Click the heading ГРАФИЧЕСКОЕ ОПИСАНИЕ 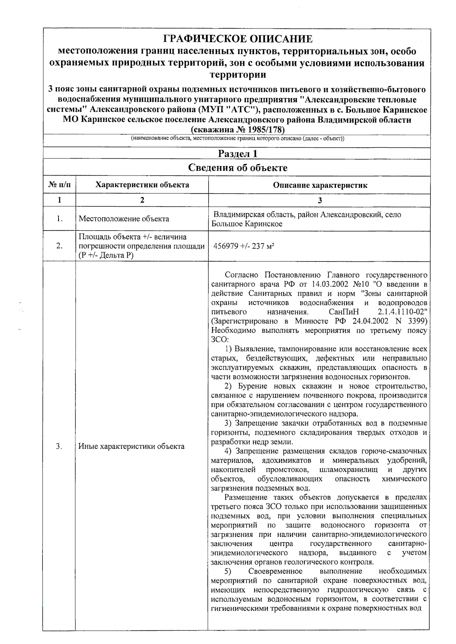click(x=237, y=39)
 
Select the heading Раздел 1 click(x=237, y=154)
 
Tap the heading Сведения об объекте click(x=237, y=168)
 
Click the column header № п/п click(x=60, y=185)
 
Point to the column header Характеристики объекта click(x=142, y=185)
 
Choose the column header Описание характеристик click(x=320, y=185)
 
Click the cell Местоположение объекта click(x=124, y=219)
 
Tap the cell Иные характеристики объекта click(x=131, y=446)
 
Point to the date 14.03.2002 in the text click(x=329, y=284)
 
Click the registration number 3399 click(x=417, y=321)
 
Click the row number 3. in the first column click(x=59, y=446)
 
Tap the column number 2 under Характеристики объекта click(x=142, y=200)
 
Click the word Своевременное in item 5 click(x=275, y=571)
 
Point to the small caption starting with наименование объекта click(x=237, y=138)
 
